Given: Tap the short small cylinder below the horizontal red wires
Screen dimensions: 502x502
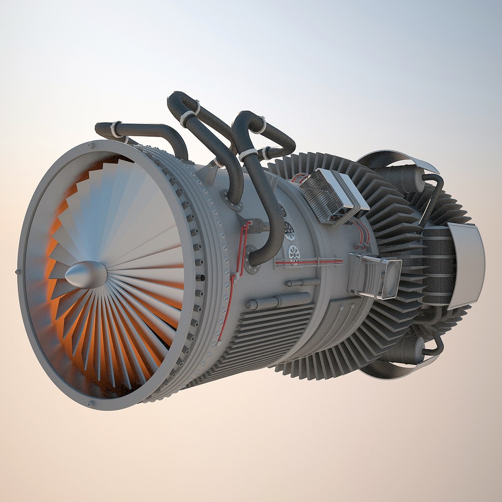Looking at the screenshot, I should pos(302,282).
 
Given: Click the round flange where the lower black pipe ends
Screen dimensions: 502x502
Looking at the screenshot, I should pos(252,260).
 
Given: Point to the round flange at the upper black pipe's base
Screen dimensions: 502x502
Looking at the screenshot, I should pos(232,200).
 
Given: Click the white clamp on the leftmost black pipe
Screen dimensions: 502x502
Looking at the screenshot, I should pos(115,130).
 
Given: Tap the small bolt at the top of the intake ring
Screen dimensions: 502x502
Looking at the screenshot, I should pos(90,145).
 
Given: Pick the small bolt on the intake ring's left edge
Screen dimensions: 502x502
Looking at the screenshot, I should pos(18,271).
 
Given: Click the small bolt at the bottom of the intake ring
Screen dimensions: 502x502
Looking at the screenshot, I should pos(90,403).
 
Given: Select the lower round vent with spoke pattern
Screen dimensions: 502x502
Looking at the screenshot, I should pos(294,253).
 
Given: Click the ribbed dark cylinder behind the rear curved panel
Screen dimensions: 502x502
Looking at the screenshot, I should pos(437,265).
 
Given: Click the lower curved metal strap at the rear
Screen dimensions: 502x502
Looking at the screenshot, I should pos(395,372).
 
